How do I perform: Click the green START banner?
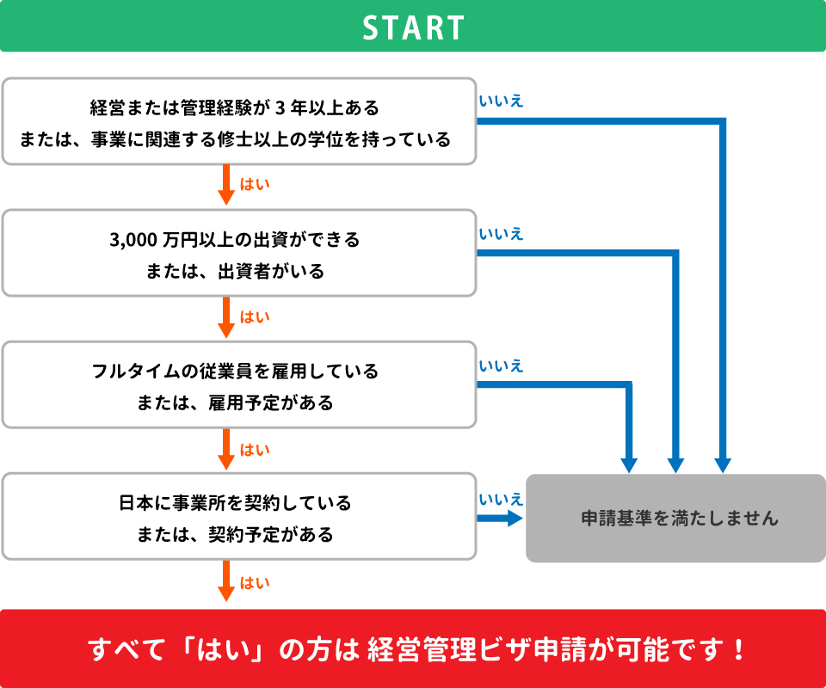(413, 27)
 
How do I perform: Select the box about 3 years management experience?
(238, 121)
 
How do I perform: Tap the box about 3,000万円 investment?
(238, 254)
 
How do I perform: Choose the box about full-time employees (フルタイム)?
(238, 385)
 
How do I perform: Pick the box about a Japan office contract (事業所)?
(238, 517)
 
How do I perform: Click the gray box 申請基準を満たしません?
(676, 518)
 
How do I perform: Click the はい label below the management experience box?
(255, 185)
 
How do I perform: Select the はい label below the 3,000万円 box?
(255, 317)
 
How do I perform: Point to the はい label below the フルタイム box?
(255, 449)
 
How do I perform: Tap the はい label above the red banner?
(255, 582)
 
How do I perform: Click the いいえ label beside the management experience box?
(501, 101)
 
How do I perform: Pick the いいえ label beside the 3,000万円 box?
(501, 234)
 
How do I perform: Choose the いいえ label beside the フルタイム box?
(501, 366)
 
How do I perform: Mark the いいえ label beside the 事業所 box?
(501, 499)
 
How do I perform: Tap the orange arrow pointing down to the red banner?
(227, 580)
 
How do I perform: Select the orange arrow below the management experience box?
(227, 185)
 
